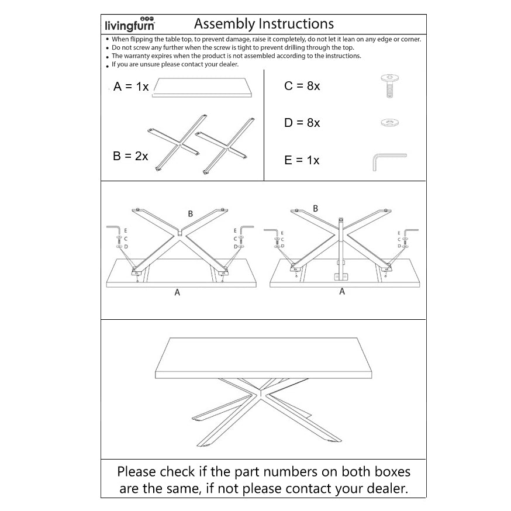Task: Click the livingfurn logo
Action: pyautogui.click(x=130, y=24)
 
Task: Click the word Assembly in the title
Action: pyautogui.click(x=225, y=24)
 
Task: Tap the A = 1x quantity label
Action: pyautogui.click(x=131, y=87)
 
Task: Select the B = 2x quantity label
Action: pyautogui.click(x=130, y=156)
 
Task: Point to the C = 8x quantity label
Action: pyautogui.click(x=302, y=86)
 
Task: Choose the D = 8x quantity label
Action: pyautogui.click(x=302, y=123)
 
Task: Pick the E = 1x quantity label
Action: pyautogui.click(x=302, y=160)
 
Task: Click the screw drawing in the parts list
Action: pyautogui.click(x=390, y=86)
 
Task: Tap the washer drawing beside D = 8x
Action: pyautogui.click(x=390, y=123)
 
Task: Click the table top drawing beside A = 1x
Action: pyautogui.click(x=202, y=87)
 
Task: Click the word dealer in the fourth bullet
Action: pyautogui.click(x=229, y=64)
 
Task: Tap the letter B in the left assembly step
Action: pyautogui.click(x=191, y=214)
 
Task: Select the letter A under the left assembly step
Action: pyautogui.click(x=177, y=292)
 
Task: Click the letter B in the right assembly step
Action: pyautogui.click(x=315, y=209)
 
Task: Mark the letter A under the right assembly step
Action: pyautogui.click(x=342, y=291)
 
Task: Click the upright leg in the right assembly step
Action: pyautogui.click(x=341, y=248)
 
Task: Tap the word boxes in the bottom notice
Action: pyautogui.click(x=392, y=472)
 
